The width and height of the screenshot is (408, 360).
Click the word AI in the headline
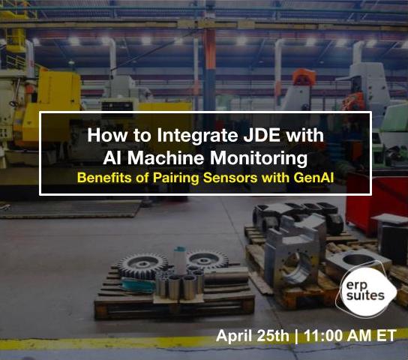pyautogui.click(x=113, y=158)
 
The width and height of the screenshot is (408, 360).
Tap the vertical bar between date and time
pyautogui.click(x=296, y=335)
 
